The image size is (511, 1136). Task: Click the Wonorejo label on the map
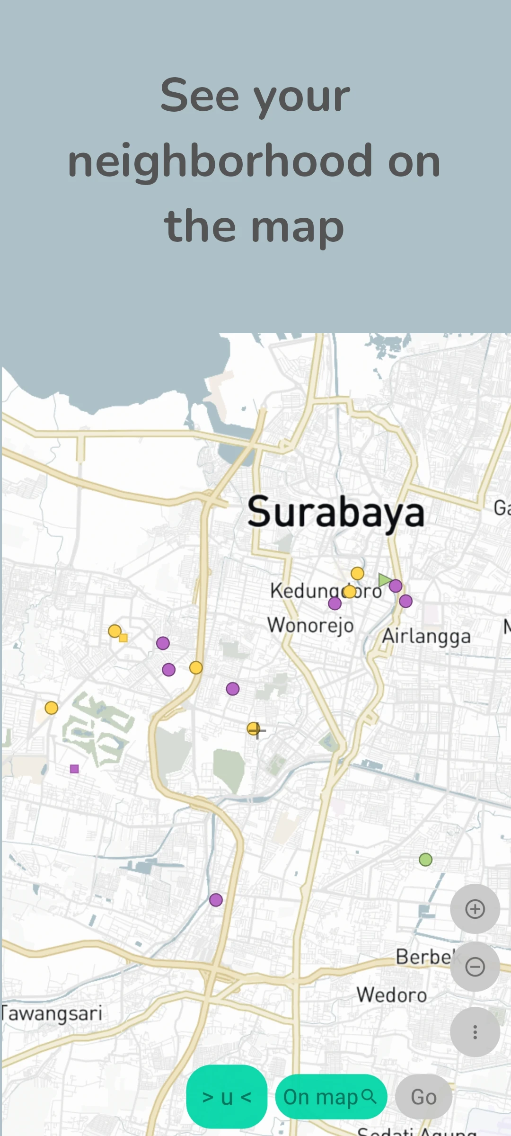pyautogui.click(x=310, y=625)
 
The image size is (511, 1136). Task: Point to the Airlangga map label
pyautogui.click(x=426, y=636)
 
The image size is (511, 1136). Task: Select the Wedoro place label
pyautogui.click(x=391, y=995)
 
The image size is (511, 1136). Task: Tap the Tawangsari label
pyautogui.click(x=51, y=1013)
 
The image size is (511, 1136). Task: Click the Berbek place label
pyautogui.click(x=423, y=957)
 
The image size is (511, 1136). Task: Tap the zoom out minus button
pyautogui.click(x=475, y=967)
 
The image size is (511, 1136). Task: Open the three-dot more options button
pyautogui.click(x=475, y=1032)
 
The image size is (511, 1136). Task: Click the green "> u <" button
pyautogui.click(x=227, y=1097)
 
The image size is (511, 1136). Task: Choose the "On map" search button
pyautogui.click(x=331, y=1097)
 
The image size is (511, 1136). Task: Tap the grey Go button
pyautogui.click(x=423, y=1097)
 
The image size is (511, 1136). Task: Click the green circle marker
pyautogui.click(x=425, y=860)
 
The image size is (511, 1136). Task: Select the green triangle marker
pyautogui.click(x=384, y=579)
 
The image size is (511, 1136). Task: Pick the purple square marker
pyautogui.click(x=74, y=769)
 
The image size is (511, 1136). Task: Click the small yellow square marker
pyautogui.click(x=123, y=638)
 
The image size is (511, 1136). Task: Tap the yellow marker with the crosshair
pyautogui.click(x=254, y=728)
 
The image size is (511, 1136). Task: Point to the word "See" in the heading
pyautogui.click(x=200, y=96)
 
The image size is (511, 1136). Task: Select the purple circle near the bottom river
pyautogui.click(x=216, y=900)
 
